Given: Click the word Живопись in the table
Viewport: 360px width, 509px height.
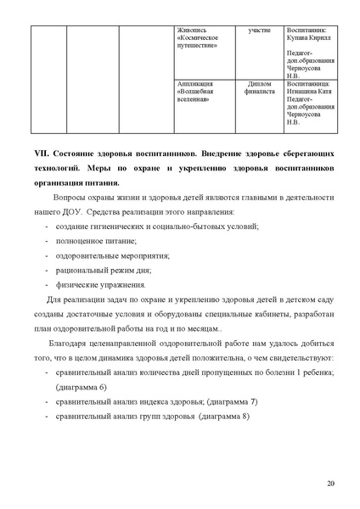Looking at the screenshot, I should pos(191,31).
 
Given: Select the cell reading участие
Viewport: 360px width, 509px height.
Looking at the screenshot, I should pos(259,31).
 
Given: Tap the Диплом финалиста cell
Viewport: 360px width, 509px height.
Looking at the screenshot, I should pos(259,89).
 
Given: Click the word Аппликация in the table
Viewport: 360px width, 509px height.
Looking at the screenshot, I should pos(195,85).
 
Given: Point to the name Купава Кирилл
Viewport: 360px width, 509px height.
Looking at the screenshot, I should pos(312,39).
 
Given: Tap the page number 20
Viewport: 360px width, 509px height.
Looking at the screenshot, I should pos(331,484).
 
